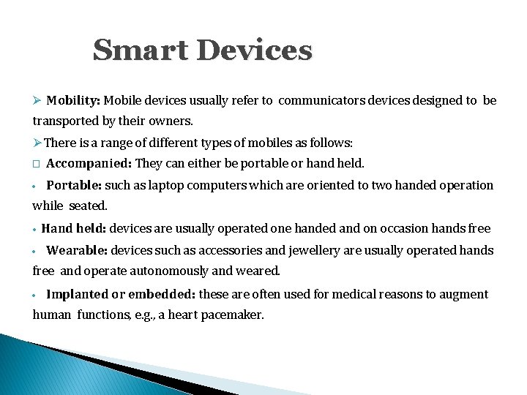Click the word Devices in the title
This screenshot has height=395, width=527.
(254, 50)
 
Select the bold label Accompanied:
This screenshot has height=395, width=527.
(89, 163)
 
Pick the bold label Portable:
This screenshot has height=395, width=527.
(74, 185)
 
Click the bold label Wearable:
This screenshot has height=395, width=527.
(76, 250)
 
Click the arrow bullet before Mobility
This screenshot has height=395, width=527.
(37, 100)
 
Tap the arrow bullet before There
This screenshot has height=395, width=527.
(38, 142)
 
